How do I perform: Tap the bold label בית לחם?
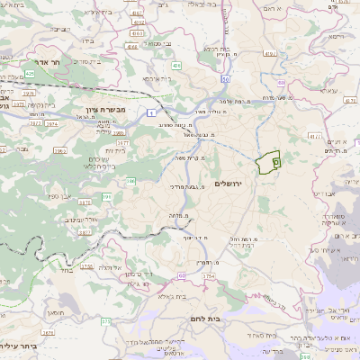pyautogui.click(x=205, y=319)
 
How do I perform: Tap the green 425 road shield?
pyautogui.click(x=177, y=65)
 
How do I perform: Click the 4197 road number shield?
pyautogui.click(x=314, y=137)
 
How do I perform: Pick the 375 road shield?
pyautogui.click(x=105, y=321)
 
